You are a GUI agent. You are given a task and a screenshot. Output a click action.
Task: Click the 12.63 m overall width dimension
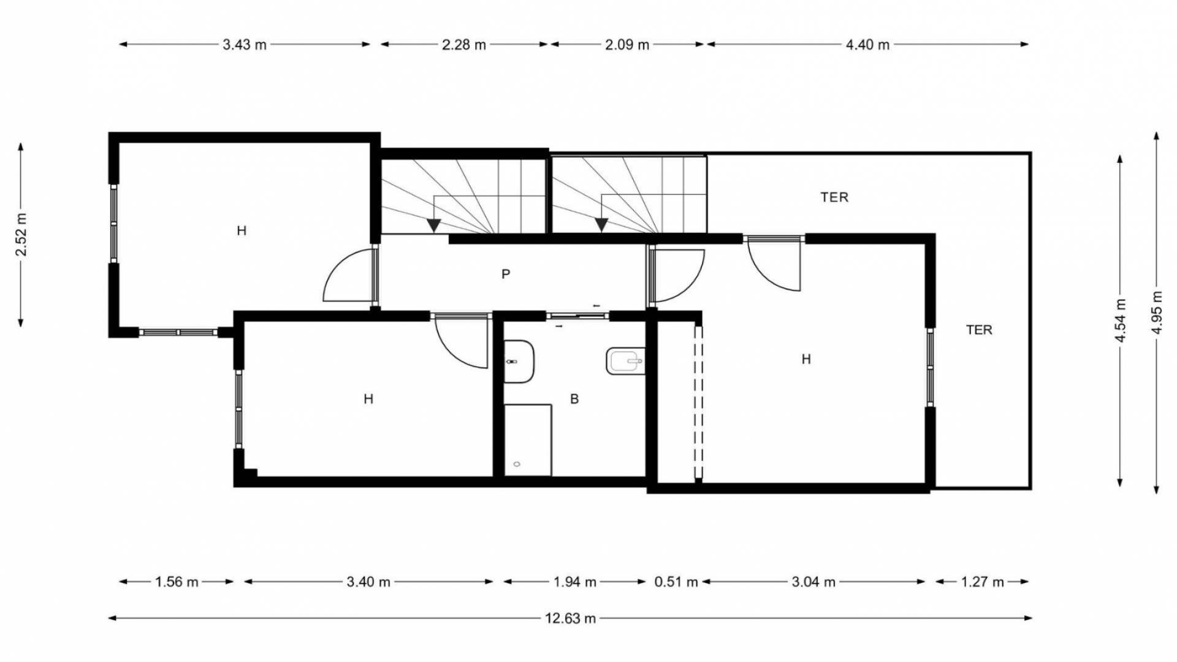click(x=570, y=618)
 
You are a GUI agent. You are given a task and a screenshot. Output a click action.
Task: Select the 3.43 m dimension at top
click(x=245, y=45)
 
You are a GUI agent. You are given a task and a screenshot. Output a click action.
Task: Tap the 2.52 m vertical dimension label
click(x=21, y=234)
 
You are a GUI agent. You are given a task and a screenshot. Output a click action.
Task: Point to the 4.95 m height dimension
click(x=1157, y=312)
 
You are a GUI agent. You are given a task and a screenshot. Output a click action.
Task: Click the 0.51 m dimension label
click(x=676, y=582)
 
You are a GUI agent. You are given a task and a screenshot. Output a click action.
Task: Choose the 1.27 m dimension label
click(x=982, y=582)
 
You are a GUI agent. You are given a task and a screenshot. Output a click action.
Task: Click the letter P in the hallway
click(x=506, y=274)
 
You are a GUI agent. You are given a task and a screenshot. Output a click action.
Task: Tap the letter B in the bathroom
click(x=574, y=399)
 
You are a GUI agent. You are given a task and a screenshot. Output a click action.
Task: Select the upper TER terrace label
click(x=834, y=197)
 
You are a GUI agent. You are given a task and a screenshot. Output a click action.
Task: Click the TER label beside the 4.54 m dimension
click(x=979, y=330)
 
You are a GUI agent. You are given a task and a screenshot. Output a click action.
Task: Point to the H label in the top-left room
click(x=242, y=231)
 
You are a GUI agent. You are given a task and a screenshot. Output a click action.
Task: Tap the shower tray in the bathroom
click(x=527, y=439)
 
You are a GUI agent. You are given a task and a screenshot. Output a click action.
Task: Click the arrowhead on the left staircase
click(x=434, y=226)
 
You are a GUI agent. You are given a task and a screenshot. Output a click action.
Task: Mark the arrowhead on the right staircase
click(x=601, y=225)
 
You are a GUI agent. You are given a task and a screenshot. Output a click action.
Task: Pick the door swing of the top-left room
click(x=347, y=277)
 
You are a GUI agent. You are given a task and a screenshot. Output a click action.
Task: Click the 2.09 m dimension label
click(x=627, y=45)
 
